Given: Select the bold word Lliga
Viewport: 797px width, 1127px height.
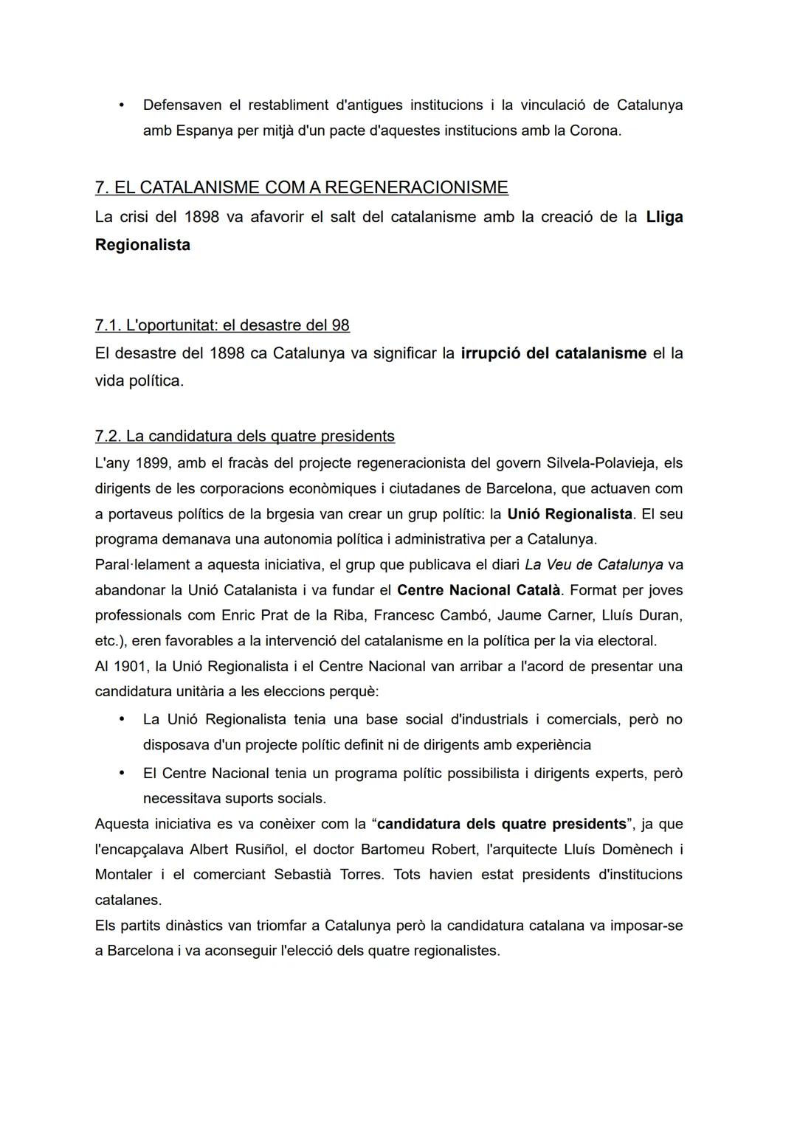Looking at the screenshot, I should pyautogui.click(x=663, y=217).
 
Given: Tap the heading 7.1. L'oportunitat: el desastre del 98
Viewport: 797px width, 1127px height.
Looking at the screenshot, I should pyautogui.click(x=222, y=325).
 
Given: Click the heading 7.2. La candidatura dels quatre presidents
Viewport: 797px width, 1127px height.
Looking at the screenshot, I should pyautogui.click(x=244, y=436).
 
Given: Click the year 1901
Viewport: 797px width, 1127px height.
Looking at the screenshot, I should pyautogui.click(x=131, y=666).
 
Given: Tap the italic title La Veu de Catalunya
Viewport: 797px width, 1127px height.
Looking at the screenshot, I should pyautogui.click(x=593, y=565).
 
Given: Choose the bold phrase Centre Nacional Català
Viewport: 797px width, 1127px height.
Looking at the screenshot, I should pyautogui.click(x=478, y=590).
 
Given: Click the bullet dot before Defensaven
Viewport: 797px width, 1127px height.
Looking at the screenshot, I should pyautogui.click(x=120, y=105).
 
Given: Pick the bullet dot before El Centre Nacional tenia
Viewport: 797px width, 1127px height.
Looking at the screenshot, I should pyautogui.click(x=120, y=773).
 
